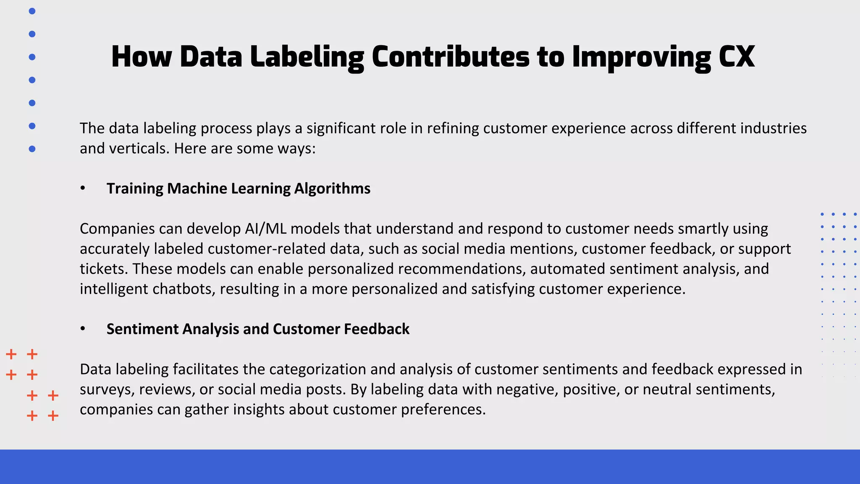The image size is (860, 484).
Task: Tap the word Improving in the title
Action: tap(642, 58)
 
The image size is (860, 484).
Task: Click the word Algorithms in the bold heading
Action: tap(332, 189)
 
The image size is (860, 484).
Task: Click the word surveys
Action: tap(107, 389)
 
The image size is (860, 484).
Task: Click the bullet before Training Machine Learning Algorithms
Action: tap(83, 189)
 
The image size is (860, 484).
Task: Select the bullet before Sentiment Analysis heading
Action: tap(83, 329)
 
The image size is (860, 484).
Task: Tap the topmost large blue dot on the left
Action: tap(32, 11)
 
